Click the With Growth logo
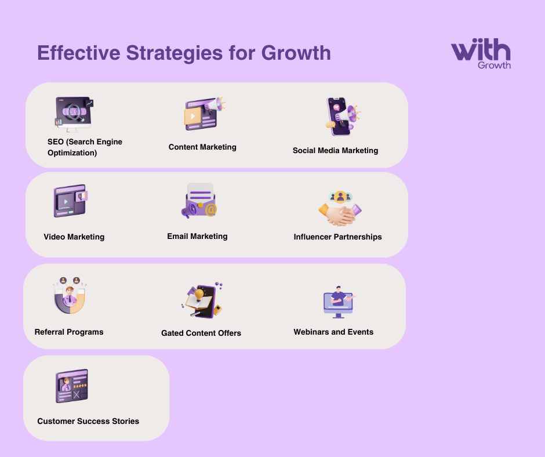click(481, 55)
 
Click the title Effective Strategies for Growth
click(184, 53)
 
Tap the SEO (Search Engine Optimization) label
click(85, 147)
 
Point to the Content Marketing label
click(202, 147)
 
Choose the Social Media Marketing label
click(335, 151)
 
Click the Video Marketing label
click(74, 237)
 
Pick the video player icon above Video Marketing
click(70, 201)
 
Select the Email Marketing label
click(197, 236)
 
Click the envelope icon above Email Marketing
click(199, 201)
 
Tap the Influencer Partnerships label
click(337, 237)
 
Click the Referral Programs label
click(69, 332)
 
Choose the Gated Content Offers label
click(201, 333)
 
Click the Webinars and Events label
click(333, 332)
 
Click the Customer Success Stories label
click(88, 422)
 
